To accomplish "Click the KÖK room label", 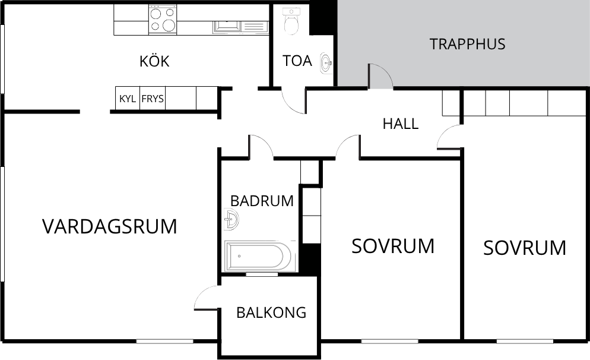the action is [x=154, y=61].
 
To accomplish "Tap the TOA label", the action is [x=297, y=61].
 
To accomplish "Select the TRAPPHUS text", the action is [x=467, y=44].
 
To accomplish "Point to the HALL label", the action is [x=400, y=124].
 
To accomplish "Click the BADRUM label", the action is [x=262, y=201].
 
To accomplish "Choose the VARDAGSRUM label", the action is [x=109, y=226].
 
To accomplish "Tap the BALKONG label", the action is [x=271, y=312].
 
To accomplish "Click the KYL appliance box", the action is [x=128, y=98].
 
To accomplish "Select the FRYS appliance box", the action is [x=153, y=98].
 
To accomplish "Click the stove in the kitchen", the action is [x=163, y=20].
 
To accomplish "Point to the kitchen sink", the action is [x=227, y=27].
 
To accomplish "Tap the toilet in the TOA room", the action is [x=291, y=21].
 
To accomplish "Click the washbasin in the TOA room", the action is [x=326, y=63].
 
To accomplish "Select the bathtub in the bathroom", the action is [x=258, y=256].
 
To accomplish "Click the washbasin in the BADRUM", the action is [x=231, y=219].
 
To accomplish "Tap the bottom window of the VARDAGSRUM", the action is [x=164, y=342].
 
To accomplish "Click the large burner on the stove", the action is [x=169, y=25].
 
